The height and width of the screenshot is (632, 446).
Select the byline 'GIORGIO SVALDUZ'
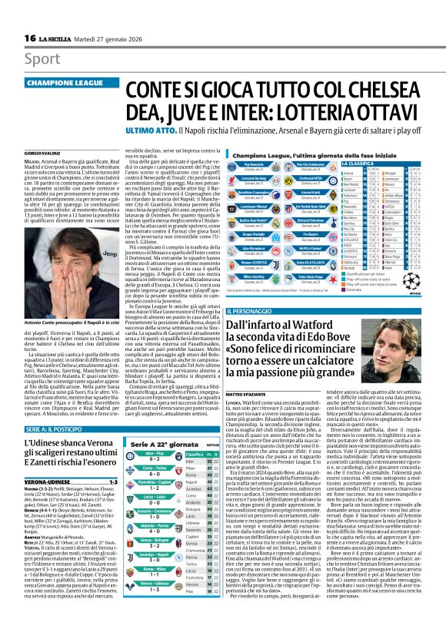(42, 153)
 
